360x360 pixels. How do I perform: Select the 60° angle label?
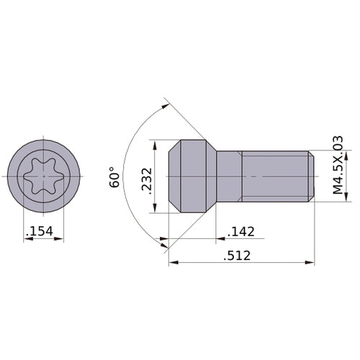[114, 178]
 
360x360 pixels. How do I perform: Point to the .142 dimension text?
[240, 231]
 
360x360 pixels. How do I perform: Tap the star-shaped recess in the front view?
[43, 176]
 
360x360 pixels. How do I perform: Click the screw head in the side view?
[192, 176]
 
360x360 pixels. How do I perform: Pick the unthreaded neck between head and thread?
[228, 176]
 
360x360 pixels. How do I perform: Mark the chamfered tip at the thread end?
[311, 176]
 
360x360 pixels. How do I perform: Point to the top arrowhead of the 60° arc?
[168, 106]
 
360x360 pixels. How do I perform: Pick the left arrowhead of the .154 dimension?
[27, 239]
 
